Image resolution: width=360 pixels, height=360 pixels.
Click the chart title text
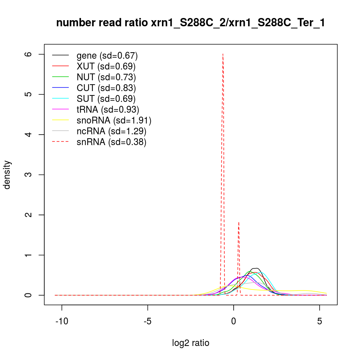tap(191, 23)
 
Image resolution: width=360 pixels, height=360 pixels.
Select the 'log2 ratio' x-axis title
tap(191, 343)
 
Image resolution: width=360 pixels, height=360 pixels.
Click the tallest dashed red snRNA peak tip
tap(223, 54)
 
